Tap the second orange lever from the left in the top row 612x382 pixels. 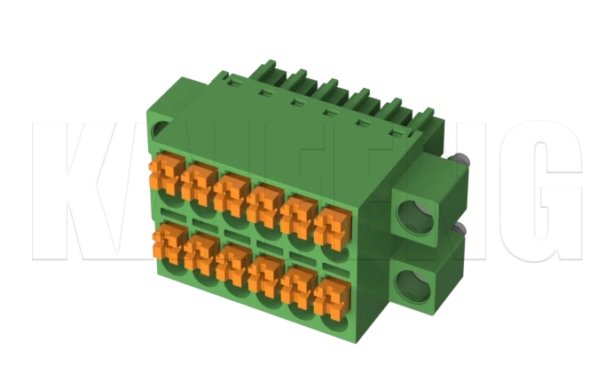point(200,181)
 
